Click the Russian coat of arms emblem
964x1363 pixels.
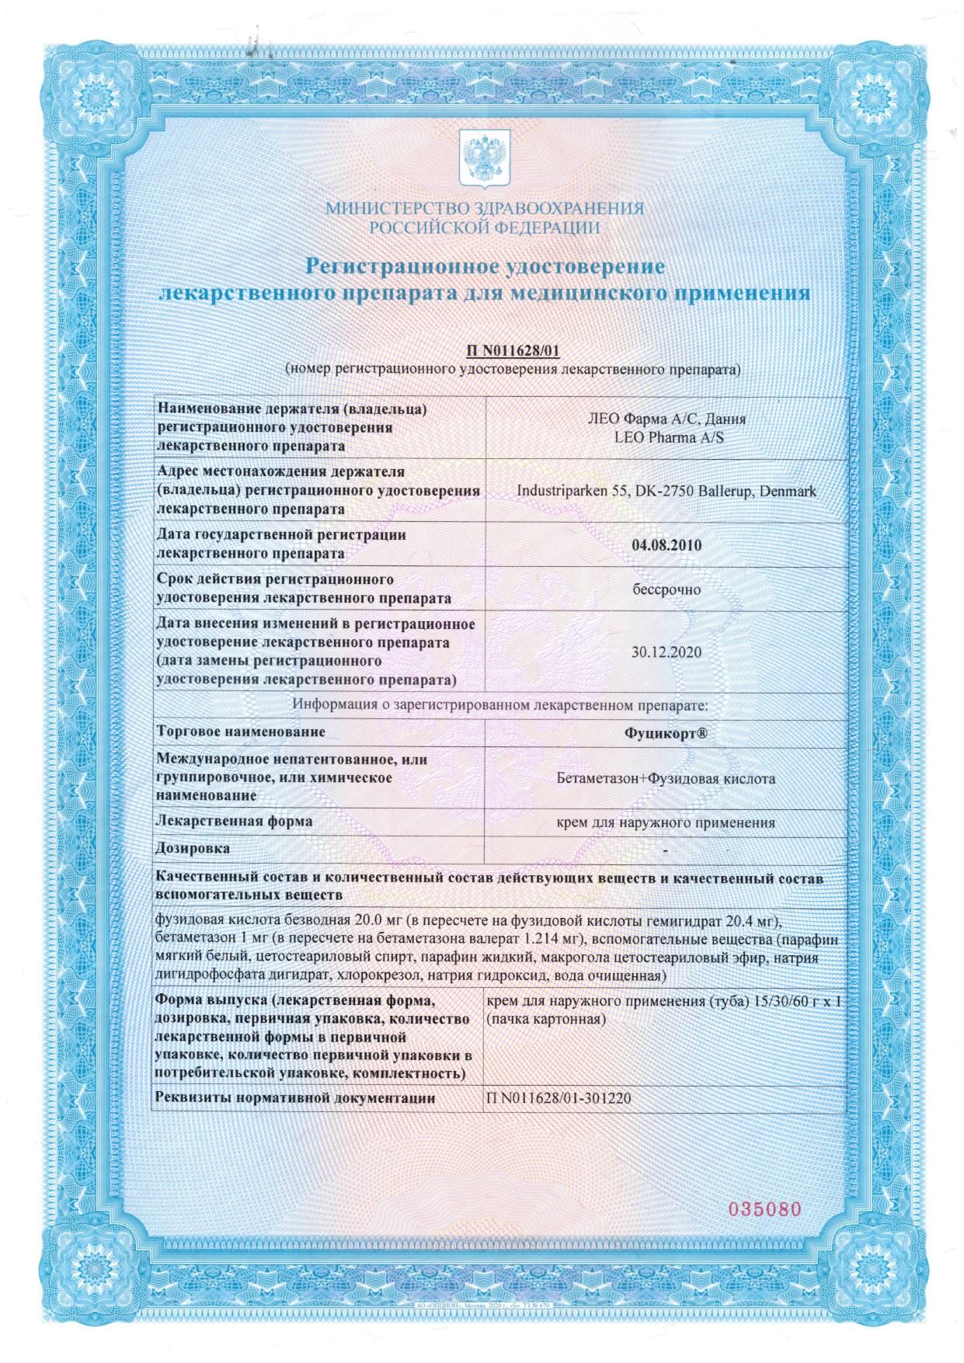[484, 158]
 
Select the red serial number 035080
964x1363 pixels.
[763, 1209]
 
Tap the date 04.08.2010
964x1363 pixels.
[666, 545]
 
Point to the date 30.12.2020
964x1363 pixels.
[666, 652]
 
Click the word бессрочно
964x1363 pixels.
[666, 589]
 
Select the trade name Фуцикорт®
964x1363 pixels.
[666, 732]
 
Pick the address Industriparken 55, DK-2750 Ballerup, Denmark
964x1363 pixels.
[666, 492]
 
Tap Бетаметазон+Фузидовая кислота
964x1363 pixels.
[666, 778]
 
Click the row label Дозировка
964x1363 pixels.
[193, 849]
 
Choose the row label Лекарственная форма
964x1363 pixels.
[234, 821]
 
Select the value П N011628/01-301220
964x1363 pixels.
[557, 1099]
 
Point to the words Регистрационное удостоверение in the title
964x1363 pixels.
[485, 266]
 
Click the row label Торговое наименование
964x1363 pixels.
[241, 732]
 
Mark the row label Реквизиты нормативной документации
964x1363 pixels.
[295, 1098]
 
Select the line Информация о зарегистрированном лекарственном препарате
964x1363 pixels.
[500, 706]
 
